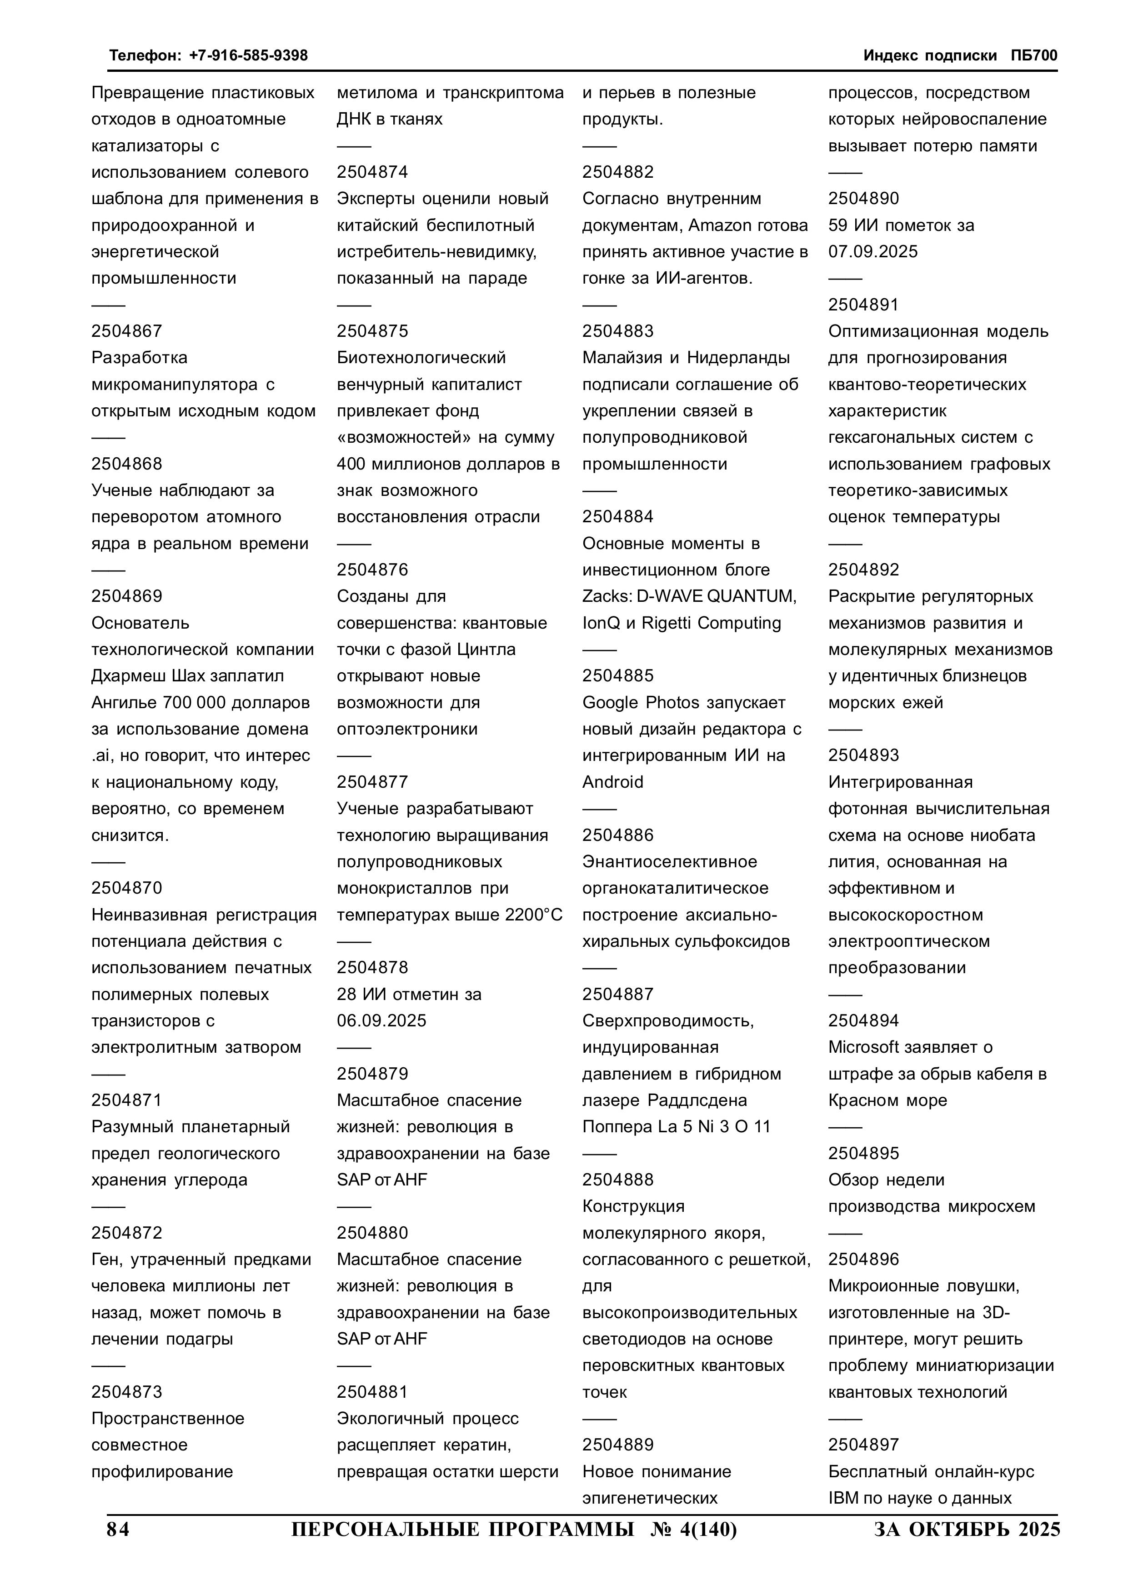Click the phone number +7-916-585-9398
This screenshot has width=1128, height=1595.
(x=248, y=55)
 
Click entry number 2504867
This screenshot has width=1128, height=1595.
(x=126, y=331)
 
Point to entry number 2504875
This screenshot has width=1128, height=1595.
(x=372, y=331)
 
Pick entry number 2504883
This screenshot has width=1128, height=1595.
(x=618, y=331)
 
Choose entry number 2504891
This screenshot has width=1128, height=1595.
(x=863, y=305)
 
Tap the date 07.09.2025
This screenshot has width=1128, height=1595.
(x=873, y=251)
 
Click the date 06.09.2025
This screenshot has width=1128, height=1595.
(x=381, y=1020)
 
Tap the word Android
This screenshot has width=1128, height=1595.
(x=613, y=782)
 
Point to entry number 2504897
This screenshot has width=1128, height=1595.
(x=863, y=1445)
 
